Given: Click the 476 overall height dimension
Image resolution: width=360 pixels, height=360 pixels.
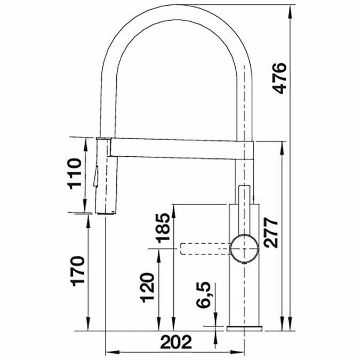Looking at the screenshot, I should coord(281,78).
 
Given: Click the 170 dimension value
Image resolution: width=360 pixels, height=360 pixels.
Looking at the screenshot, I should coord(77,272).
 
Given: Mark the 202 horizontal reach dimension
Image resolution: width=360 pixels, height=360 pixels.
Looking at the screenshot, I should coord(175,341).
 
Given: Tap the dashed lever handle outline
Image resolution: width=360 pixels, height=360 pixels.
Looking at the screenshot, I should coord(205,249).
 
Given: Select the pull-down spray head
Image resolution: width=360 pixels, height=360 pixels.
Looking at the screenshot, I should coord(105,176).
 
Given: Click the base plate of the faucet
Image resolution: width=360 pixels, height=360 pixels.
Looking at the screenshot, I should coord(245,328).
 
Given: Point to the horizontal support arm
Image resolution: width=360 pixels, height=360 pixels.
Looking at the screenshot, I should coord(176,148).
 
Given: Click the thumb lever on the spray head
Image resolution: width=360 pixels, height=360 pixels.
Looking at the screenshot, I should coord(97,176).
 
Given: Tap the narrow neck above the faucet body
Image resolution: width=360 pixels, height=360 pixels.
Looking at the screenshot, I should coord(245,194).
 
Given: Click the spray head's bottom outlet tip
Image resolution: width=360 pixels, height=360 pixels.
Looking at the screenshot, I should coord(106,213).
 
